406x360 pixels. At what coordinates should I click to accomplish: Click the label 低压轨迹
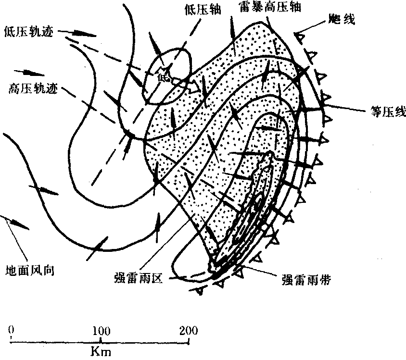click(x=29, y=32)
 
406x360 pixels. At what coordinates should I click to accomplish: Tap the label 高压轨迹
click(x=33, y=89)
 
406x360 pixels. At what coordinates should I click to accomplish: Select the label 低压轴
click(x=203, y=10)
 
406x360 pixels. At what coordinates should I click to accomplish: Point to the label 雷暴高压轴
click(x=270, y=7)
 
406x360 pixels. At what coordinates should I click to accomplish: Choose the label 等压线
click(x=388, y=112)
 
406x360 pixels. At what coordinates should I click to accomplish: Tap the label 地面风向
click(x=30, y=271)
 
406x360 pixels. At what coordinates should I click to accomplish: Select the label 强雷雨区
click(x=139, y=279)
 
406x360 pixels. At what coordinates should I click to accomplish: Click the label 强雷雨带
click(x=306, y=280)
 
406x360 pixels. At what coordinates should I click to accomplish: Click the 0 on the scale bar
click(x=11, y=330)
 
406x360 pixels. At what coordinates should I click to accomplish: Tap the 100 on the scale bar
click(x=101, y=331)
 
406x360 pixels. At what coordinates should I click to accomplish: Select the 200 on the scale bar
click(x=189, y=330)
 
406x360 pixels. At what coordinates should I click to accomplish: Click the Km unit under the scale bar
click(x=101, y=351)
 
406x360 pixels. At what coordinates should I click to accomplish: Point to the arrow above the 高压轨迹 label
click(x=29, y=73)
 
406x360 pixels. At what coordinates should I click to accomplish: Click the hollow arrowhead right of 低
click(x=194, y=86)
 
